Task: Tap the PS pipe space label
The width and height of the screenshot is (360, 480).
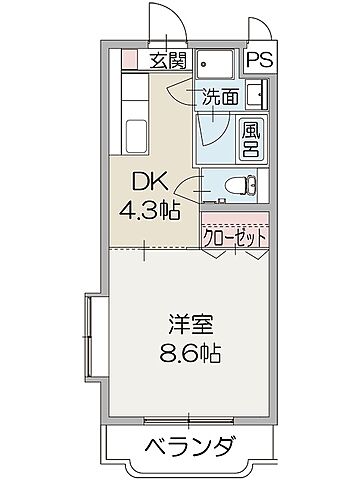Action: pos(258,60)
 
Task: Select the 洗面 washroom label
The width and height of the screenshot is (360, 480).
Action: pos(221,97)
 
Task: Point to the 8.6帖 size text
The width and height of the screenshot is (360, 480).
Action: pos(185,355)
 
